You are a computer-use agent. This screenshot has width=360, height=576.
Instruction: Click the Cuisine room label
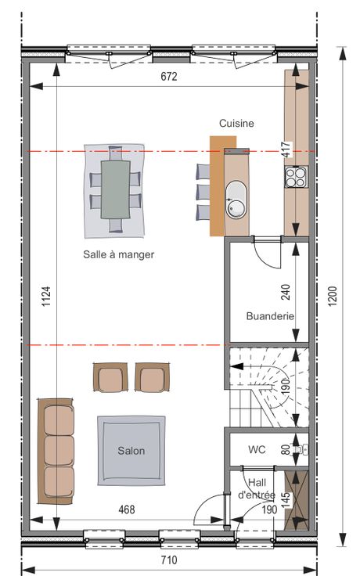point(236,123)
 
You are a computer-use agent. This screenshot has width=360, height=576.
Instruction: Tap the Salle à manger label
point(119,254)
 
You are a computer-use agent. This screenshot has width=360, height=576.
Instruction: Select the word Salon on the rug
point(131,451)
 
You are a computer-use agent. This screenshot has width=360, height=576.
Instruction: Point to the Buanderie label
point(270,316)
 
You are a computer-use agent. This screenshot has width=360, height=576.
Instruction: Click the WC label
point(257,449)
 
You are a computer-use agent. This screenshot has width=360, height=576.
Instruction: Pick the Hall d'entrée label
point(257,488)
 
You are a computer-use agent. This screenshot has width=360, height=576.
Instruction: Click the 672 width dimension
point(169,76)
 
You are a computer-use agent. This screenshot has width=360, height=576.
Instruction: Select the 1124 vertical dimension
point(46,297)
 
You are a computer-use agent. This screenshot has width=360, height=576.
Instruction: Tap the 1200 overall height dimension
point(332,296)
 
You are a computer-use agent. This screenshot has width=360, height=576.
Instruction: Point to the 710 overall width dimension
point(169,560)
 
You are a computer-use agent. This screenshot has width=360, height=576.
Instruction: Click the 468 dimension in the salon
point(127,509)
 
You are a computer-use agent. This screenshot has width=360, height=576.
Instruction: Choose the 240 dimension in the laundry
point(286,292)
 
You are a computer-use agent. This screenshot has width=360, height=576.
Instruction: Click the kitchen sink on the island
point(236,200)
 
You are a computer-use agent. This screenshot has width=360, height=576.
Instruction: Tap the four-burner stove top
point(296,177)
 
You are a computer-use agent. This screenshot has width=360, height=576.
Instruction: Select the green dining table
point(115,189)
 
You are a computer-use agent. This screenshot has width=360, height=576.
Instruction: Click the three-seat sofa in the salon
point(56,451)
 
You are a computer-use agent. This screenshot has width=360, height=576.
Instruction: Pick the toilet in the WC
point(301,449)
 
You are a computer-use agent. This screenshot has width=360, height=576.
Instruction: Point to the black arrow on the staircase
point(236,366)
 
